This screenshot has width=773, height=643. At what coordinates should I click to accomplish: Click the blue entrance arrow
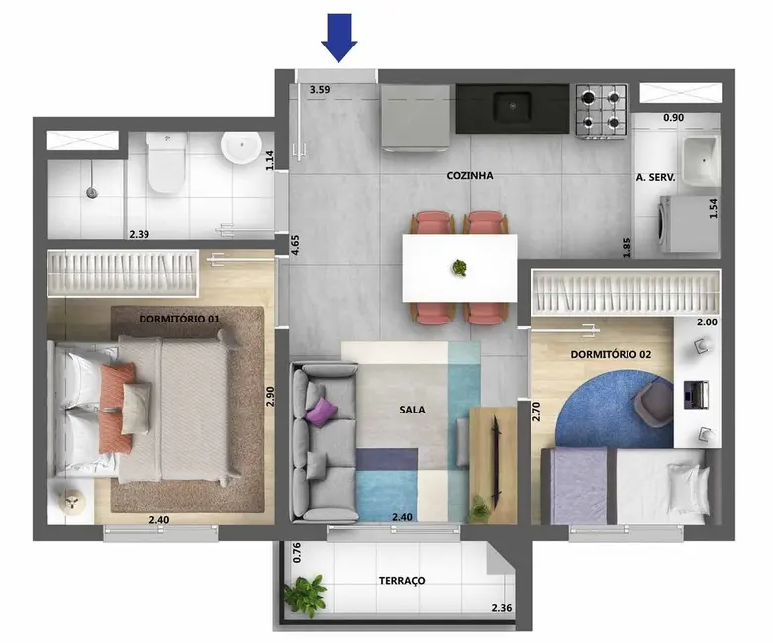point(339,38)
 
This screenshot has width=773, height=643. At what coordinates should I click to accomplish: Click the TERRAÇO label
point(402,581)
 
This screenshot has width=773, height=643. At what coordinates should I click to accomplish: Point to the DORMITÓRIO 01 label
point(178,320)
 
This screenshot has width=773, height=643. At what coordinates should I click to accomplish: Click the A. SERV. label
point(655,178)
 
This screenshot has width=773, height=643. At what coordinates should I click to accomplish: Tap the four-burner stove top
point(602,110)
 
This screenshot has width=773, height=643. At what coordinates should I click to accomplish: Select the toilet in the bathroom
point(165,163)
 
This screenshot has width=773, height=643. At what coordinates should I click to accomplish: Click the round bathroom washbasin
point(239,150)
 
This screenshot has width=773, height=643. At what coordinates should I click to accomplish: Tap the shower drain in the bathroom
point(91,191)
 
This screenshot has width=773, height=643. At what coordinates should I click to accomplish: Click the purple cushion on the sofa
point(321,410)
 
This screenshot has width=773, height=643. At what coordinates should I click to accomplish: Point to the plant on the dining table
point(459,267)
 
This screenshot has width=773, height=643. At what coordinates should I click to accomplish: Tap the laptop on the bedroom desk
point(697,394)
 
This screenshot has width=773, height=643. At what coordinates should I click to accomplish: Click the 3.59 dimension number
point(319,90)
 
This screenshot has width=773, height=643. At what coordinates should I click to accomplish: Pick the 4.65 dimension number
point(294,245)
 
